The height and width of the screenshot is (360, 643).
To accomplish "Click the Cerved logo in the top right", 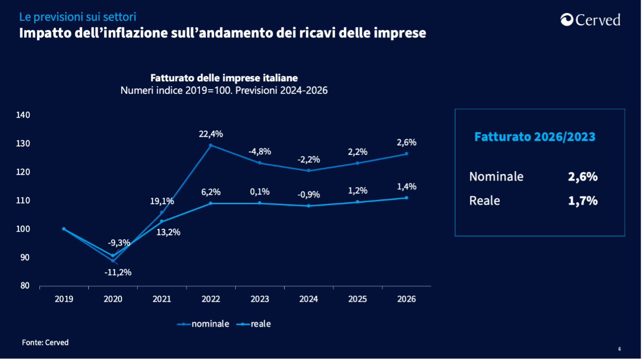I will point(590,20).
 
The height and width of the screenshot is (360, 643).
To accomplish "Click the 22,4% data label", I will point(211,134).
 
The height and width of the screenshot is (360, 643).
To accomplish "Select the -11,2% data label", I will point(118,272).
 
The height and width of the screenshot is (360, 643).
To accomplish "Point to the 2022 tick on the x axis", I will point(211,299).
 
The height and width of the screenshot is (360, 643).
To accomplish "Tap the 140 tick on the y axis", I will point(23,115).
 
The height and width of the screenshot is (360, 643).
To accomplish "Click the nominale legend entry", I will point(204,324).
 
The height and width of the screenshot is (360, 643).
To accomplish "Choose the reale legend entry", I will point(254,324).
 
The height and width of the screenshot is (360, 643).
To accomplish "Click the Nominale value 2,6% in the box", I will point(582,177).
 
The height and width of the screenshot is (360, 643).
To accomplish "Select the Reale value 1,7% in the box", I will point(582,201).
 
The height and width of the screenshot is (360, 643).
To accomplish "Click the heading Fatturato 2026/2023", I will point(535,137).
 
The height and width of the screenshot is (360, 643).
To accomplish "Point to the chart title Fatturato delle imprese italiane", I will point(224,78).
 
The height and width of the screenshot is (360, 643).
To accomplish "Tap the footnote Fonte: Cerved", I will point(45,342).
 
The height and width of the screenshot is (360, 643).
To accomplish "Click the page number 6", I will point(619,349).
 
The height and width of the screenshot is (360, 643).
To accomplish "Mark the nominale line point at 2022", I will point(211,145).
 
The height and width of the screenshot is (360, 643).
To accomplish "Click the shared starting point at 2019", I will point(64,229).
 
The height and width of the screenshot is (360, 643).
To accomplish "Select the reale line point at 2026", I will point(406,198).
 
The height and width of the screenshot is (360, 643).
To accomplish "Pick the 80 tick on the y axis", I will point(25,286).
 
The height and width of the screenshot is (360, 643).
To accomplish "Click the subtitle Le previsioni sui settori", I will point(77,17).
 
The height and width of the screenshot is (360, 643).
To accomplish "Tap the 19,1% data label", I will point(162,201).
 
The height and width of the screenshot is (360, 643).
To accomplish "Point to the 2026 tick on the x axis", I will point(406,299).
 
